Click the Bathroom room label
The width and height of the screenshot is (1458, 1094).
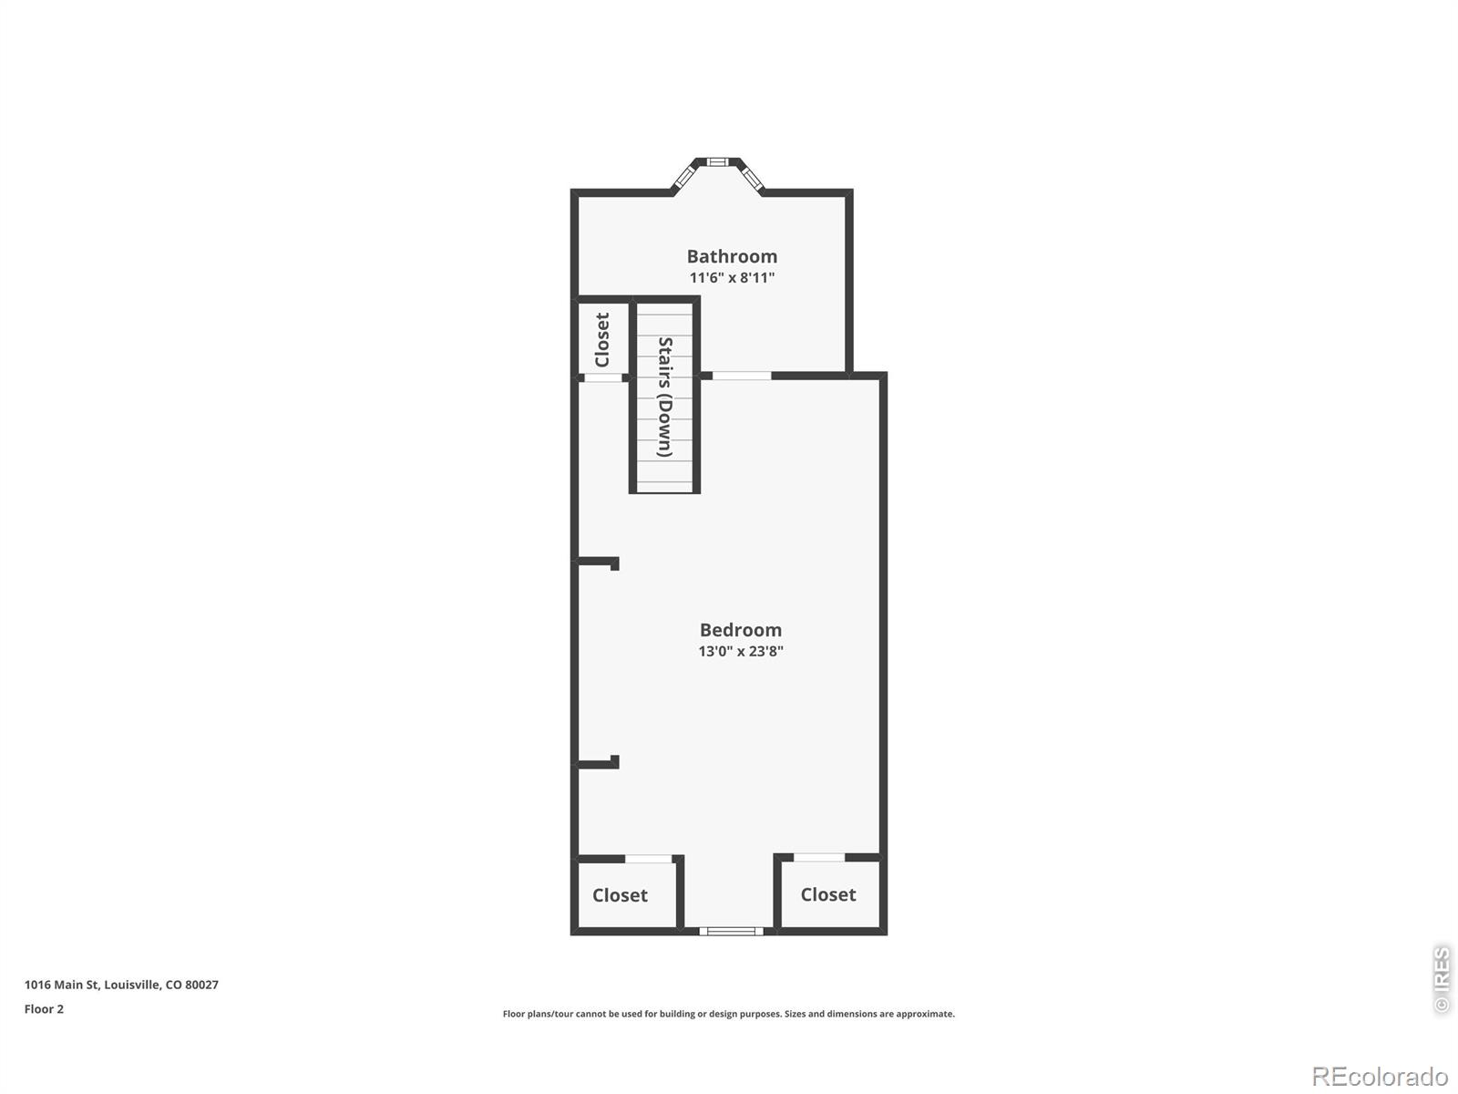[x=732, y=256]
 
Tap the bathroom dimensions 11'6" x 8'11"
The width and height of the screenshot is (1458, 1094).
[x=732, y=278]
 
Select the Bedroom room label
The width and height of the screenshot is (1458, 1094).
[x=741, y=630]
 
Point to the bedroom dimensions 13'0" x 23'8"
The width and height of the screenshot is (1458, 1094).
[x=741, y=651]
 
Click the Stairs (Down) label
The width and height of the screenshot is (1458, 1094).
[x=665, y=397]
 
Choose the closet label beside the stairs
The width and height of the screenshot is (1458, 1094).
[x=602, y=339]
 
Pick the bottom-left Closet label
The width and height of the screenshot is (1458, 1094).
[x=620, y=895]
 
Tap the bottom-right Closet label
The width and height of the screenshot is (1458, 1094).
[x=827, y=894]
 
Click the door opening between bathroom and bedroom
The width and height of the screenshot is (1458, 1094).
[x=741, y=376]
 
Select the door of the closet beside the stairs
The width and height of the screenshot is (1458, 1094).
[x=603, y=378]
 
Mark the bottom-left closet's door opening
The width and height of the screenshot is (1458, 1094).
[x=648, y=859]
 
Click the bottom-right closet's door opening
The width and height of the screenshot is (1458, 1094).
[x=819, y=858]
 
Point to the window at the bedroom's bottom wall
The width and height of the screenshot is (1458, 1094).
[x=731, y=931]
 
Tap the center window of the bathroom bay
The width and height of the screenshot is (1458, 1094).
[x=717, y=161]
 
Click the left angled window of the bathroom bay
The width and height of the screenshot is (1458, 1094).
[x=683, y=177]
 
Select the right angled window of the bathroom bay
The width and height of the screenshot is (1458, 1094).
[x=751, y=178]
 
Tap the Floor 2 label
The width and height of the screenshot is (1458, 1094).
[x=44, y=1009]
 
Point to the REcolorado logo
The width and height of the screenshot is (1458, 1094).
[x=1381, y=1076]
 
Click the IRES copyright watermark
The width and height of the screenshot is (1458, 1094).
[x=1442, y=979]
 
